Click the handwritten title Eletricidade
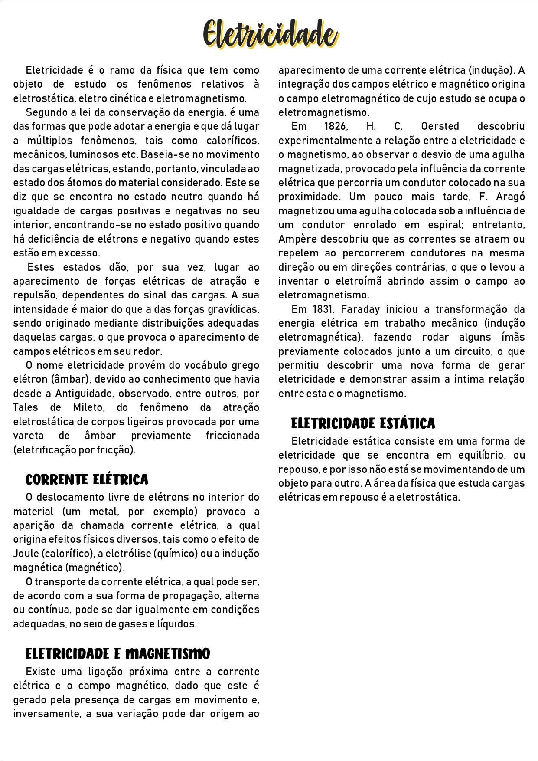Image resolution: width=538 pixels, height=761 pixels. (x=270, y=34)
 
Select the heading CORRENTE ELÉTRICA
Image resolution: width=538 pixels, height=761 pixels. (x=87, y=479)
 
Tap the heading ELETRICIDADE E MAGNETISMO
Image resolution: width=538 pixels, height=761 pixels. (x=117, y=653)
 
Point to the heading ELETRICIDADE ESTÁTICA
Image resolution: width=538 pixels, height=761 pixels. (x=363, y=423)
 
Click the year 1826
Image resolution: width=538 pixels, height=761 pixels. (x=336, y=126)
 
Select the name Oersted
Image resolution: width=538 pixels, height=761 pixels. (x=440, y=126)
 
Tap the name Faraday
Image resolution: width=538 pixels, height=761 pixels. (x=360, y=309)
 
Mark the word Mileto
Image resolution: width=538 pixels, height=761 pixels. (x=88, y=407)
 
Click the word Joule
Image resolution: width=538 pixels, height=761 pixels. (x=26, y=554)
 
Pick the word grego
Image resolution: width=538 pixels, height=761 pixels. (x=245, y=365)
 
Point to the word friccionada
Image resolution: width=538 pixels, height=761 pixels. (x=232, y=436)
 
